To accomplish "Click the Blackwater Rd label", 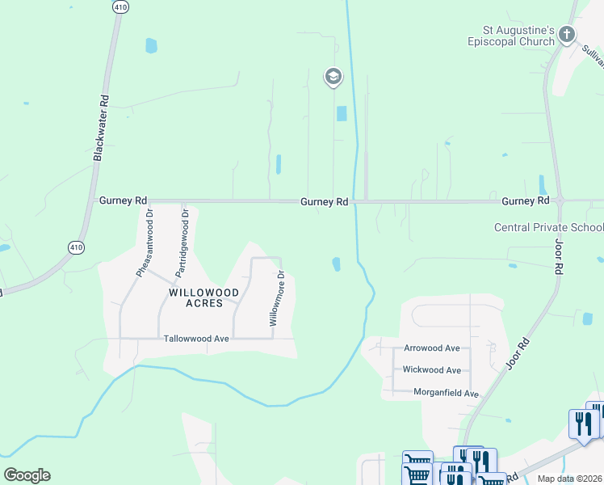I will point(101,128).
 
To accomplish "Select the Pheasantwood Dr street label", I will point(144,242).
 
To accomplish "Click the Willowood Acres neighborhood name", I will point(203,297).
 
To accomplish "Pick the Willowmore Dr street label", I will point(276,298).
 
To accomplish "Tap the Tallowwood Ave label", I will point(196,339).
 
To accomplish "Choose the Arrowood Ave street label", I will point(431,348).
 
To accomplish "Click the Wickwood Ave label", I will point(431,370).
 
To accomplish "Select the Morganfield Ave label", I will point(447,394).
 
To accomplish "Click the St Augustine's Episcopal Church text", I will point(513,35).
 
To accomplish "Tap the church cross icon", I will point(567,35).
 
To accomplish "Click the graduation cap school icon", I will point(333,77).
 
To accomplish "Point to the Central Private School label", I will point(549,227).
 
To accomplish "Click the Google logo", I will point(27,475).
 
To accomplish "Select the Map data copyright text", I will point(569,479).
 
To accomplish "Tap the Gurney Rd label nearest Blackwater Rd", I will point(123,200).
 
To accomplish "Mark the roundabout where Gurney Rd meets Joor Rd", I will point(560,200).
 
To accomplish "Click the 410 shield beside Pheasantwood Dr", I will point(75,247).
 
